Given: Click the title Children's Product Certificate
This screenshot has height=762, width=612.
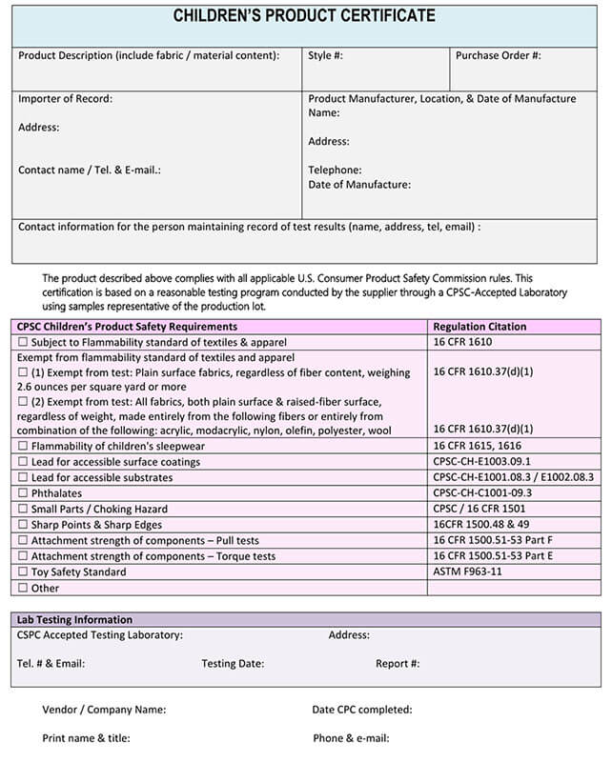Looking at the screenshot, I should pyautogui.click(x=305, y=16).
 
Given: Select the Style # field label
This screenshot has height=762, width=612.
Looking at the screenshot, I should pyautogui.click(x=325, y=55).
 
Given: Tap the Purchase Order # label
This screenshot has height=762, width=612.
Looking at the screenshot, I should pyautogui.click(x=498, y=55).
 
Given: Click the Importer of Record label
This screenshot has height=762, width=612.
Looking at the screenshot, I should pyautogui.click(x=65, y=98).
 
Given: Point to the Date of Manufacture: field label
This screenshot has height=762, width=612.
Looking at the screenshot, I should pyautogui.click(x=359, y=185).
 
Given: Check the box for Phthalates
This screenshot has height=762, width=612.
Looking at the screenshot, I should pyautogui.click(x=23, y=493).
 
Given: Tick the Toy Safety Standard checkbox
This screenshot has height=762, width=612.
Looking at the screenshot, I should pyautogui.click(x=23, y=572).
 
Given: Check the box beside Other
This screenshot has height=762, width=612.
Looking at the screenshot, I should pyautogui.click(x=23, y=589).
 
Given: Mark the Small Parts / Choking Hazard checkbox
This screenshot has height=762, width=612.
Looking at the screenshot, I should pyautogui.click(x=23, y=510).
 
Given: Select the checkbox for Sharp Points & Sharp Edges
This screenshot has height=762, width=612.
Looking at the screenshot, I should pyautogui.click(x=23, y=525).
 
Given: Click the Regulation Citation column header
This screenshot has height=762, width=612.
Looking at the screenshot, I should pyautogui.click(x=479, y=327).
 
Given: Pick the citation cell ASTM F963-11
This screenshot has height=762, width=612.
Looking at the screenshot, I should pyautogui.click(x=467, y=572).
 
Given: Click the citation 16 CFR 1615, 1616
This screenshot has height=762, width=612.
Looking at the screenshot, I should pyautogui.click(x=477, y=446).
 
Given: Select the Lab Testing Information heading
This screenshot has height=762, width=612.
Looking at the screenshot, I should pyautogui.click(x=74, y=619).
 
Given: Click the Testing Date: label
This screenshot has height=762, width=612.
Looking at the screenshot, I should pyautogui.click(x=233, y=664).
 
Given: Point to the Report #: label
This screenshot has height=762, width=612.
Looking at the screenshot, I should pyautogui.click(x=398, y=664).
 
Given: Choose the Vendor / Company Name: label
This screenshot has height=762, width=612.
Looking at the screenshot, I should pyautogui.click(x=104, y=710).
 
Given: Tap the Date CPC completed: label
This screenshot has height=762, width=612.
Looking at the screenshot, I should pyautogui.click(x=361, y=710).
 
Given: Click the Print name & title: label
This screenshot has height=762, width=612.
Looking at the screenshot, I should pyautogui.click(x=86, y=738).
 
